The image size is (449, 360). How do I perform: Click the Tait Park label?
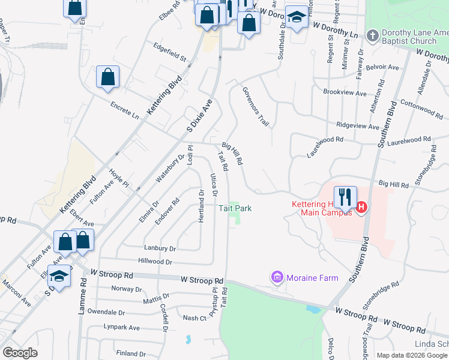pyautogui.click(x=234, y=208)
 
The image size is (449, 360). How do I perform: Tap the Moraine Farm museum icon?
pyautogui.click(x=277, y=277)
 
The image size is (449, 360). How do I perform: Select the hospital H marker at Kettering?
pyautogui.click(x=361, y=208)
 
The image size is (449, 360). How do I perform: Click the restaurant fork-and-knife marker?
pyautogui.click(x=345, y=197)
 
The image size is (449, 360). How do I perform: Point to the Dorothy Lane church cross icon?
pyautogui.click(x=372, y=35)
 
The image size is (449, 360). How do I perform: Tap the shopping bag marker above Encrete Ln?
pyautogui.click(x=107, y=77)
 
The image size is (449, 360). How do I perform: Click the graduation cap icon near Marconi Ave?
pyautogui.click(x=59, y=276)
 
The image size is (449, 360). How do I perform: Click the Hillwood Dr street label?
pyautogui.click(x=155, y=262)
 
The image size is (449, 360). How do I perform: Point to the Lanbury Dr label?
pyautogui.click(x=160, y=248)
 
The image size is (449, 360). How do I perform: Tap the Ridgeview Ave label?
pyautogui.click(x=358, y=127)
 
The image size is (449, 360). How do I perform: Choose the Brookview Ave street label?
pyautogui.click(x=344, y=93)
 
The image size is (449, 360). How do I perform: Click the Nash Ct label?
pyautogui.click(x=194, y=318)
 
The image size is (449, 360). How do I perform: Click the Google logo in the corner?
pyautogui.click(x=20, y=353)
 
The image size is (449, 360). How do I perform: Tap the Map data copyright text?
pyautogui.click(x=412, y=355)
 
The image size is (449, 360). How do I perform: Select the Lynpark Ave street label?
pyautogui.click(x=121, y=328)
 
